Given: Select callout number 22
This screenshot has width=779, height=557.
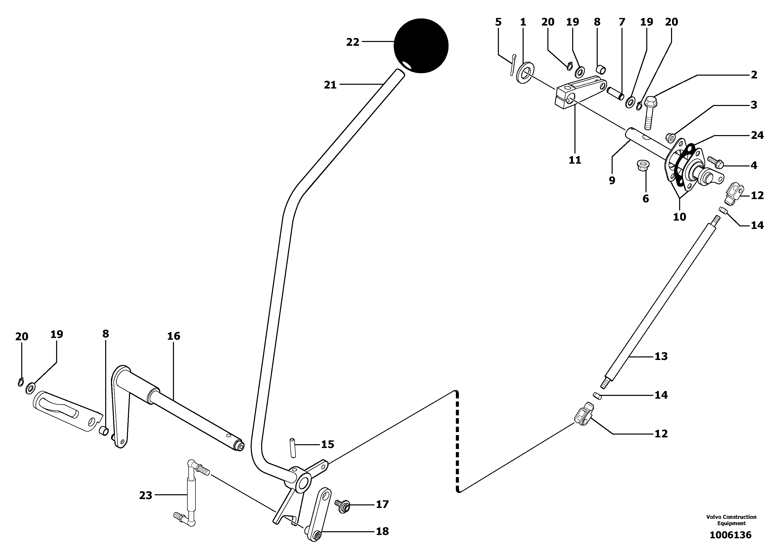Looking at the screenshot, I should tap(352, 42).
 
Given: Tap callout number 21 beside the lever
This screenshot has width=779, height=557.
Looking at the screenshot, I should tap(330, 85).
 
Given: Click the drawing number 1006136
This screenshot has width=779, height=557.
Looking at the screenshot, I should tap(730, 535).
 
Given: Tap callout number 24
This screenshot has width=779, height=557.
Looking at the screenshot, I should tap(757, 136).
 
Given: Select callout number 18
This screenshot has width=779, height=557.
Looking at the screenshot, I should tap(382, 531).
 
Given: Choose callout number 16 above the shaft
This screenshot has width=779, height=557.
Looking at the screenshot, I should tap(173, 336).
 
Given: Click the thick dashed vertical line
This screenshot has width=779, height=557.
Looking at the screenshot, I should tap(457, 442).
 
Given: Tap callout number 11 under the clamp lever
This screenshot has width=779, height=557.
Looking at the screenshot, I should tap(575, 160).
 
